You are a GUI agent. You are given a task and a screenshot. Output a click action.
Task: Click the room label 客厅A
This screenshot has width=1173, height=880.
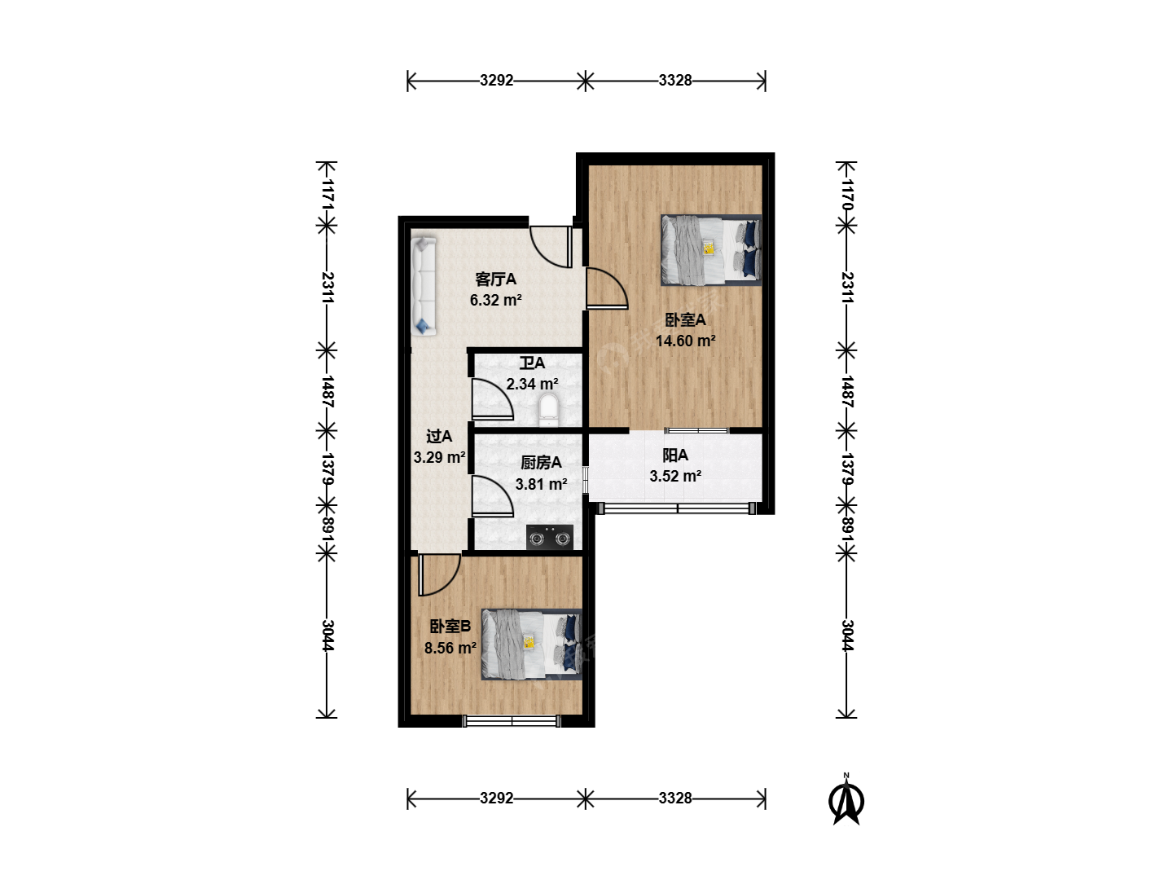[495, 279]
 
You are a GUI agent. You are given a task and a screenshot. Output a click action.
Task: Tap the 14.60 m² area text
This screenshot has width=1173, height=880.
[685, 341]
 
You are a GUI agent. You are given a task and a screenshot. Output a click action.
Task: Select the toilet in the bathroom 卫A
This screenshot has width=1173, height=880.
[548, 410]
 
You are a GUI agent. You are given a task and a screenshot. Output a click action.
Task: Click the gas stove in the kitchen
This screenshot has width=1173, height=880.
[549, 537]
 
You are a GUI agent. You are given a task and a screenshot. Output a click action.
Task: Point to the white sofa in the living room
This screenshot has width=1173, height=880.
[424, 286]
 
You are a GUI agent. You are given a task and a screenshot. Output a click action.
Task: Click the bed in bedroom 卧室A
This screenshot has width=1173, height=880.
[711, 250]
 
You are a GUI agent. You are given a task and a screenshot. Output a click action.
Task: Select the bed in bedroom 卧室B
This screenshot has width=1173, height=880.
[531, 644]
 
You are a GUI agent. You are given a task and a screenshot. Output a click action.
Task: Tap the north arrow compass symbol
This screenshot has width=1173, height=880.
[846, 800]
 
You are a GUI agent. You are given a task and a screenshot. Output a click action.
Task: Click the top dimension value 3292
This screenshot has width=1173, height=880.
[496, 80]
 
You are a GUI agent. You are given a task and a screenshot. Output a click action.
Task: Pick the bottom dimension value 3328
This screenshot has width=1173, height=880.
[675, 798]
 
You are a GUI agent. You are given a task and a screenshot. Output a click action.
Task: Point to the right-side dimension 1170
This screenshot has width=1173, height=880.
[847, 194]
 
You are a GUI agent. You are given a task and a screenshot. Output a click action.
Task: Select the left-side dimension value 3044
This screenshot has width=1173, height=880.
[327, 636]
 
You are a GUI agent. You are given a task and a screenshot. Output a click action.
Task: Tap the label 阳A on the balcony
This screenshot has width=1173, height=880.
[675, 455]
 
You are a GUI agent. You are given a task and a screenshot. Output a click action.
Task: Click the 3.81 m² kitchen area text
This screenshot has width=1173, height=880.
[541, 484]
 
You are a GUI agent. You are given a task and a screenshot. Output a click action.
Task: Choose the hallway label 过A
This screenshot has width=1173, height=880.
[439, 437]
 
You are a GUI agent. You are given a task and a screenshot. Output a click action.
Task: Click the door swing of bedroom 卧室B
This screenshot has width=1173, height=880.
[439, 575]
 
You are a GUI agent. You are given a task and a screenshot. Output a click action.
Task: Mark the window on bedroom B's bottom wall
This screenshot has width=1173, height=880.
[512, 721]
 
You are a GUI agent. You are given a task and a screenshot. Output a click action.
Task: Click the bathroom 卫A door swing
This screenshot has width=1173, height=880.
[492, 399]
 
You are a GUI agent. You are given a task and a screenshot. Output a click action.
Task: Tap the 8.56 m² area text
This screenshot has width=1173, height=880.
[450, 648]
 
